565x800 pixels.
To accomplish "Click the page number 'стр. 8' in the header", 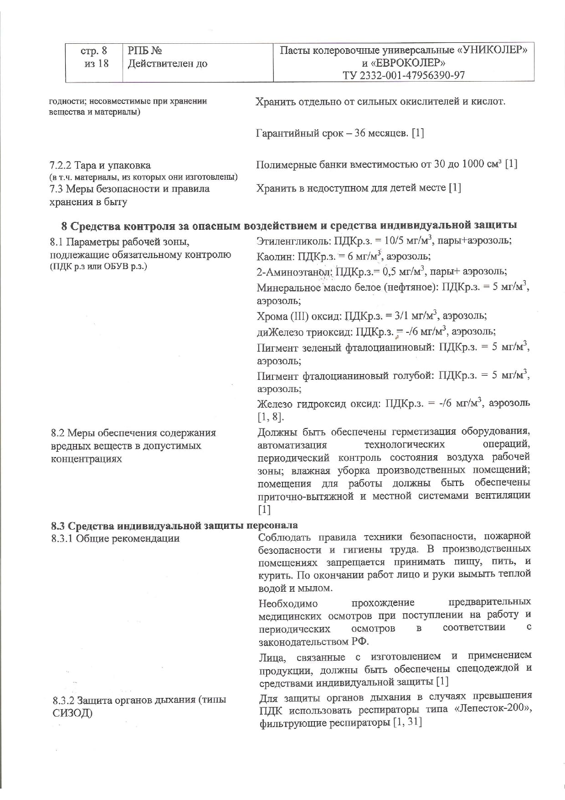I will pos(93,51).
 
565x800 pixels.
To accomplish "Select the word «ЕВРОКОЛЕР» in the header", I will pos(409,62).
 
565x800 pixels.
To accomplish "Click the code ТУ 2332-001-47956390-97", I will pos(404,75).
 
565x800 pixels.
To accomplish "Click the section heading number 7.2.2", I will pos(60,165).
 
